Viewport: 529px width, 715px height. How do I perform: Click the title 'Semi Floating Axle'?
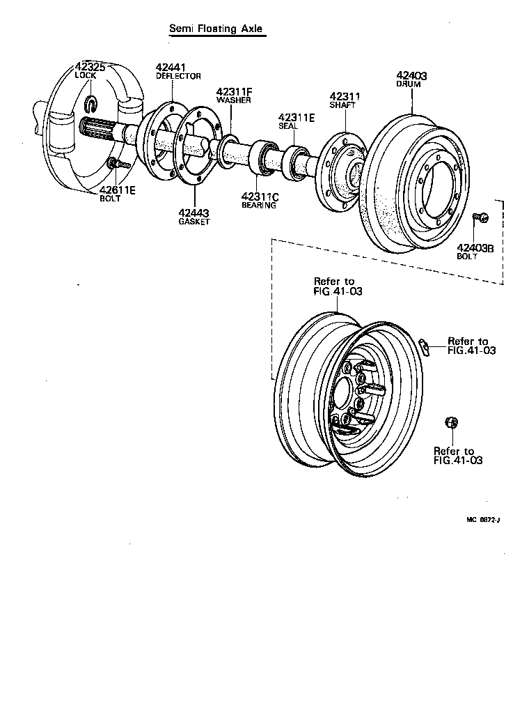pyautogui.click(x=216, y=29)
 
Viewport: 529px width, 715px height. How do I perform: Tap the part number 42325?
pyautogui.click(x=90, y=67)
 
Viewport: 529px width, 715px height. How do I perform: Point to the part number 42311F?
pyautogui.click(x=233, y=91)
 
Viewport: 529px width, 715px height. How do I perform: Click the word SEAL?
pyautogui.click(x=287, y=126)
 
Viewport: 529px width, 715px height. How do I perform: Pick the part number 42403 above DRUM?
pyautogui.click(x=411, y=75)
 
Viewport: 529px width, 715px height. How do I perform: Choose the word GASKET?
pyautogui.click(x=194, y=222)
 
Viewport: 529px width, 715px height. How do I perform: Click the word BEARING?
pyautogui.click(x=259, y=206)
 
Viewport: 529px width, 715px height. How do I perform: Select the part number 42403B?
pyautogui.click(x=475, y=247)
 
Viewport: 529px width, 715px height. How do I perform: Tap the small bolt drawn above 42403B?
pyautogui.click(x=480, y=217)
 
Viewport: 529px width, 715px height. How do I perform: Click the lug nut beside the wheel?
pyautogui.click(x=450, y=423)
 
